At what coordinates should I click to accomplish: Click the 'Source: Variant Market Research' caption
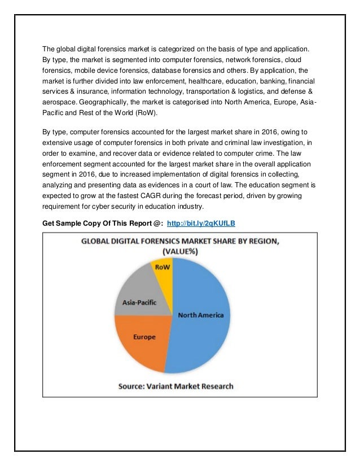click(175, 386)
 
